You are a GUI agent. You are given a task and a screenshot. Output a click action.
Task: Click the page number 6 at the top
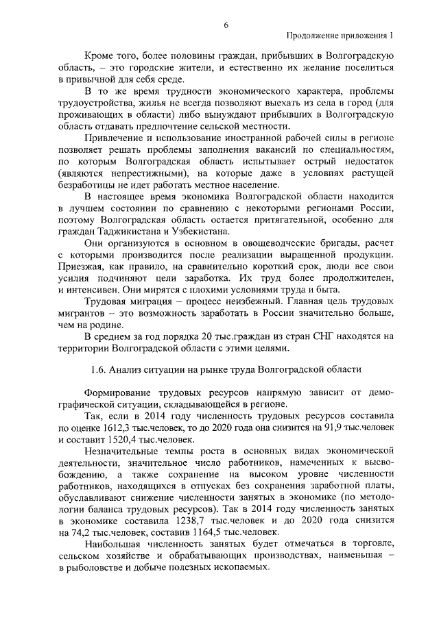[x=225, y=25]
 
